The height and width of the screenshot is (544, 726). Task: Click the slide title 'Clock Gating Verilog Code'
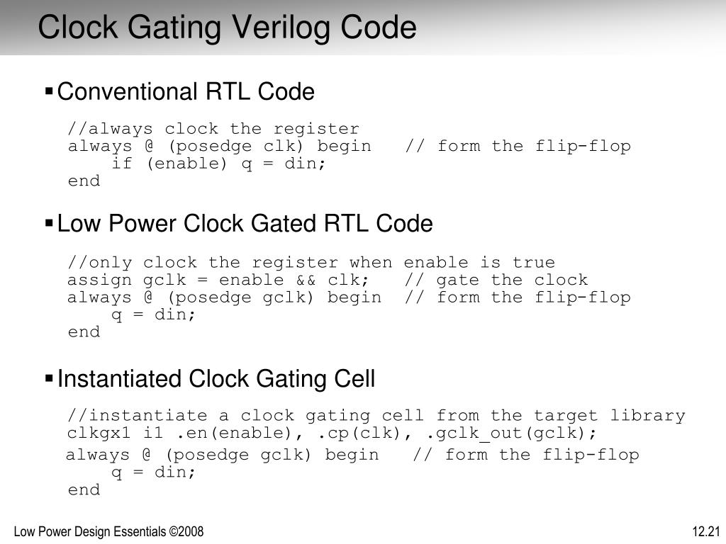[x=227, y=28]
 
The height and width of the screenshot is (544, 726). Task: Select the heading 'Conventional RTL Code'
[x=185, y=92]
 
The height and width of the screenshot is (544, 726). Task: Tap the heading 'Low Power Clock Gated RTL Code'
[x=245, y=225]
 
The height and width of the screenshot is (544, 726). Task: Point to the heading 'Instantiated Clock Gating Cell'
[x=216, y=380]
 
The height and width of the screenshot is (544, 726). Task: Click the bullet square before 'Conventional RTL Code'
[x=49, y=91]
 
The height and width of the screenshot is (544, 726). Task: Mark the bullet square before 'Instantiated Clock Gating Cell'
[x=49, y=379]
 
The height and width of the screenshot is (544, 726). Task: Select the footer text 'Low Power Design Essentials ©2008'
[x=109, y=531]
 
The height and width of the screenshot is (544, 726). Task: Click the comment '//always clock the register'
[x=213, y=129]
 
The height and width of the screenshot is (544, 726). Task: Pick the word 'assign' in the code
[x=99, y=280]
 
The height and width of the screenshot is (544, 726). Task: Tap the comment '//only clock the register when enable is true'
[x=311, y=263]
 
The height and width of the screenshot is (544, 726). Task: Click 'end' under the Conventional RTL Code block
[x=84, y=181]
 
